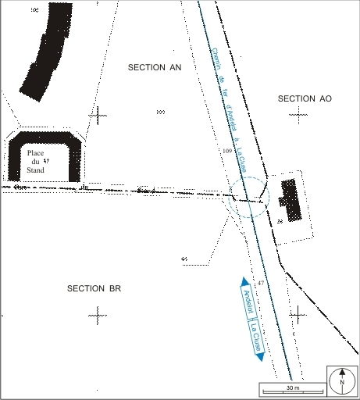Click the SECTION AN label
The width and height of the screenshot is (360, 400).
[155, 68]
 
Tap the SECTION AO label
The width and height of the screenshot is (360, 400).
[305, 98]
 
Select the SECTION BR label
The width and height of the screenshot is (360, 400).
[94, 288]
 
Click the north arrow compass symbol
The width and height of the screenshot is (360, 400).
[342, 380]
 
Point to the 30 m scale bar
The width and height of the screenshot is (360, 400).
[292, 388]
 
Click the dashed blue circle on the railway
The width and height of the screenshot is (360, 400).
[249, 200]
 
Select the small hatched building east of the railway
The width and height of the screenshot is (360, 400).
[290, 200]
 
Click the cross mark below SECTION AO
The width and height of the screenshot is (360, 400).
[298, 114]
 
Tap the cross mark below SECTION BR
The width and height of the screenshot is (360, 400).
[98, 316]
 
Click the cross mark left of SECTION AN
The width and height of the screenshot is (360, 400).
[99, 116]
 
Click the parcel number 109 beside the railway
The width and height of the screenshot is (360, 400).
[227, 150]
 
